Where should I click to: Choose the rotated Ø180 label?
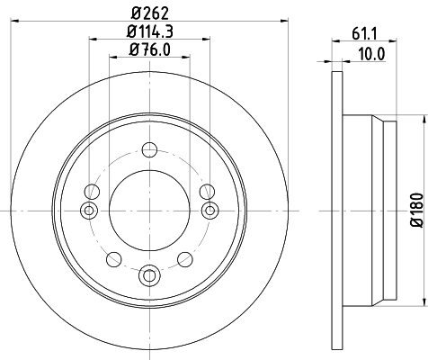pyautogui.click(x=416, y=209)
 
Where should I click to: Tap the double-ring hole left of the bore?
pyautogui.click(x=88, y=210)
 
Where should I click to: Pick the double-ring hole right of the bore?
pyautogui.click(x=210, y=210)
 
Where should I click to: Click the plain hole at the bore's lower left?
pyautogui.click(x=113, y=259)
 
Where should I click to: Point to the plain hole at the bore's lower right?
pyautogui.click(x=185, y=259)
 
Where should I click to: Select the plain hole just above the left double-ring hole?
pyautogui.click(x=93, y=191)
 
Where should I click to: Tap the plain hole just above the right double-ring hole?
pyautogui.click(x=206, y=191)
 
